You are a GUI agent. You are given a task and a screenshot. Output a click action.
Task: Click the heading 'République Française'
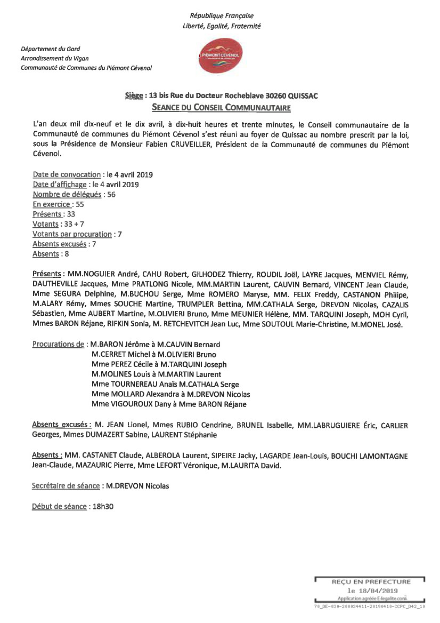[x=222, y=16]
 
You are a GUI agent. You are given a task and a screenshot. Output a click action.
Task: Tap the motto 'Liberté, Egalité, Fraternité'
[x=222, y=26]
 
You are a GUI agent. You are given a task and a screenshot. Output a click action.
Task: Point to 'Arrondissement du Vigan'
[x=54, y=58]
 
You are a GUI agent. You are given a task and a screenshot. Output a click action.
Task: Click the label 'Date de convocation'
[x=67, y=174]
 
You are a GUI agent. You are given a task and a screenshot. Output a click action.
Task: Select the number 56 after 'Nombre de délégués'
[x=111, y=194]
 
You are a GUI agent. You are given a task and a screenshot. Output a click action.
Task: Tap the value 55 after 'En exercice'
[x=80, y=204]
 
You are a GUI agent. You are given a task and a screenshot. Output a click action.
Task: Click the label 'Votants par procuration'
[x=72, y=234]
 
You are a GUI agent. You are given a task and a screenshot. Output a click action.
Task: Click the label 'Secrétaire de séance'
[x=66, y=486]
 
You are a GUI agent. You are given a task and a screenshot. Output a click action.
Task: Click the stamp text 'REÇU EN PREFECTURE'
[x=371, y=582]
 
